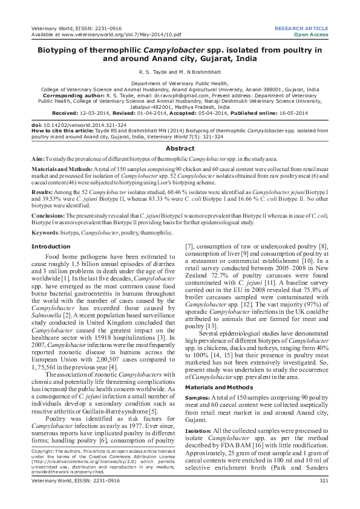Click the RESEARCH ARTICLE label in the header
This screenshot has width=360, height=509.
pyautogui.click(x=301, y=28)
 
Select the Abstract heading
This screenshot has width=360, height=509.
pyautogui.click(x=180, y=148)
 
